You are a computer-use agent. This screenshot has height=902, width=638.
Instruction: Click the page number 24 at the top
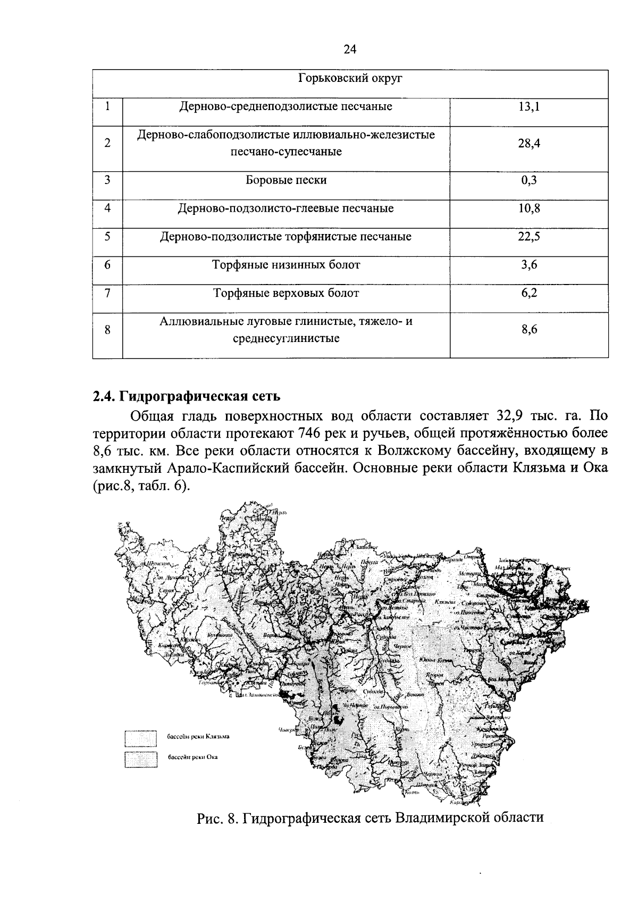(x=350, y=49)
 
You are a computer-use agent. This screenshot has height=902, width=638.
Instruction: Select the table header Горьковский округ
(x=350, y=79)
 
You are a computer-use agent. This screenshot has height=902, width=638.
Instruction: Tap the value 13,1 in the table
(x=528, y=107)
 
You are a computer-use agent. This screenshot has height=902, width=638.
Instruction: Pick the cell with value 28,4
(x=528, y=143)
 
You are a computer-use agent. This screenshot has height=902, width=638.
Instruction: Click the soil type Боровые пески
(x=286, y=180)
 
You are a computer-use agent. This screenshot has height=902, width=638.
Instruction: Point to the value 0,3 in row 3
(x=528, y=180)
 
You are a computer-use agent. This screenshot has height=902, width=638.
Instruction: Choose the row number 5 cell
(x=107, y=237)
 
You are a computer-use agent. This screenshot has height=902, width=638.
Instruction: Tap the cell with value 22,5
(x=528, y=237)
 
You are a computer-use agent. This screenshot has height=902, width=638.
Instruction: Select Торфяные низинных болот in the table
(x=286, y=265)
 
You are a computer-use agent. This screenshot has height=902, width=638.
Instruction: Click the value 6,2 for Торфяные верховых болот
(x=528, y=293)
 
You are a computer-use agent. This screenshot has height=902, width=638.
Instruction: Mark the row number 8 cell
(x=107, y=330)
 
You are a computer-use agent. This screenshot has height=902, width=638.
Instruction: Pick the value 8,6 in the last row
(x=528, y=330)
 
